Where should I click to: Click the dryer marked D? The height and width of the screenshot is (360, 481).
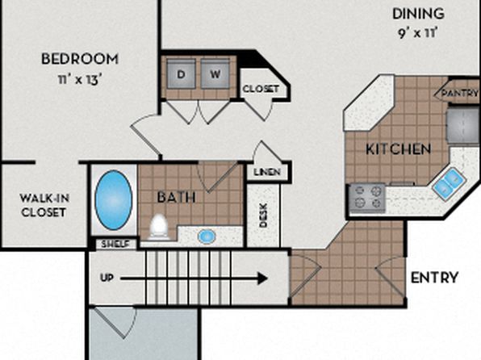(181, 74)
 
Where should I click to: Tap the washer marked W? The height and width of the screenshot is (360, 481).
(215, 74)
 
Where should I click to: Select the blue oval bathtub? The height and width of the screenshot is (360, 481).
(114, 200)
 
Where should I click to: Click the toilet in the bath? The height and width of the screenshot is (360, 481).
(159, 227)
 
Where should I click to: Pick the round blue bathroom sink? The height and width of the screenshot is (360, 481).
(207, 237)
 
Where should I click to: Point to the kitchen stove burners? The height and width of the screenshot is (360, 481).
(367, 198)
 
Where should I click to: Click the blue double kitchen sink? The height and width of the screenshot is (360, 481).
(450, 183)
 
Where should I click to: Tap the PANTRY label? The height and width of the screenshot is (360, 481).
(459, 93)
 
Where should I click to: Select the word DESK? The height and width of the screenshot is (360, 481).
(263, 216)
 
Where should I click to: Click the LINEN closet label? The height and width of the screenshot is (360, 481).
(267, 172)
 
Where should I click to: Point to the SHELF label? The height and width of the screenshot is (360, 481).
(115, 245)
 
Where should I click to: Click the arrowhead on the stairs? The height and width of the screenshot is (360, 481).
(262, 278)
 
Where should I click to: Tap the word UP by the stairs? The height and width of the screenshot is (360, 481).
(107, 278)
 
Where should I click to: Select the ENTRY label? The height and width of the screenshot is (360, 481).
(434, 278)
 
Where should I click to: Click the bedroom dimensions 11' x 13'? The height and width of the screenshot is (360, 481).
(80, 79)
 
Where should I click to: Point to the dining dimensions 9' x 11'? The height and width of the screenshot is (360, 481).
(418, 33)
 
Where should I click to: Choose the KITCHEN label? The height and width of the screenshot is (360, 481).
(399, 149)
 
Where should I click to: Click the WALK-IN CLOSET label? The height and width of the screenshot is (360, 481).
(44, 205)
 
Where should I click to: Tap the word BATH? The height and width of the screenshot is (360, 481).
(177, 197)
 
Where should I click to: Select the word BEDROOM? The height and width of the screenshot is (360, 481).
(80, 59)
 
